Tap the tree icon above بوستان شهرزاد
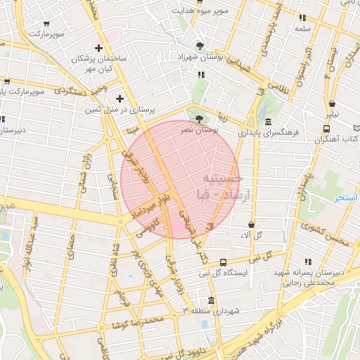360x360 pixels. coord(202,46)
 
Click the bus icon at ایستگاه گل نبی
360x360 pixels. coord(223,262)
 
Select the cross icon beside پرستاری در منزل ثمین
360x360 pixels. coord(120,99)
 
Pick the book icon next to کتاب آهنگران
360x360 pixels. coord(326,129)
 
